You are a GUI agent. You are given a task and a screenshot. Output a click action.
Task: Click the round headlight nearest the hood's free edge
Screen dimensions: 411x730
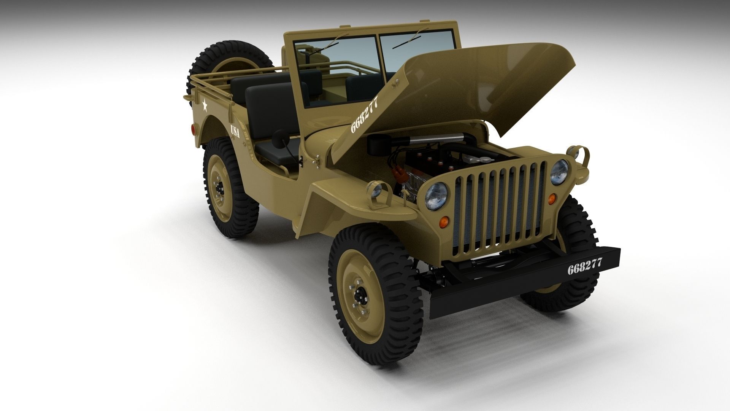559,172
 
